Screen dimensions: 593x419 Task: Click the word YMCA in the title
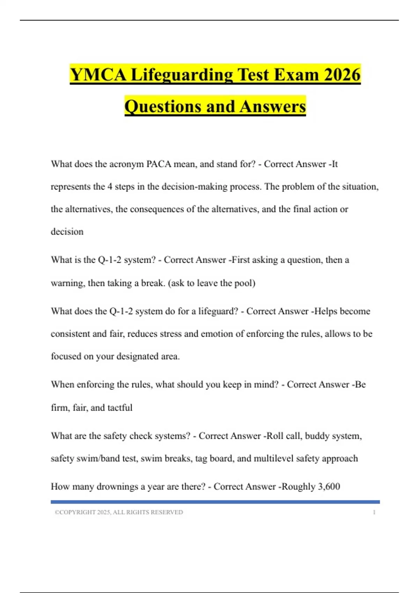(98, 75)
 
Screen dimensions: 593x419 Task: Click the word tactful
(120, 407)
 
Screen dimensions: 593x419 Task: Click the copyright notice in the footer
(119, 512)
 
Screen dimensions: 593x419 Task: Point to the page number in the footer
(374, 512)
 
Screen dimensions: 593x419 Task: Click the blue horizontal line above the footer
(215, 502)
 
